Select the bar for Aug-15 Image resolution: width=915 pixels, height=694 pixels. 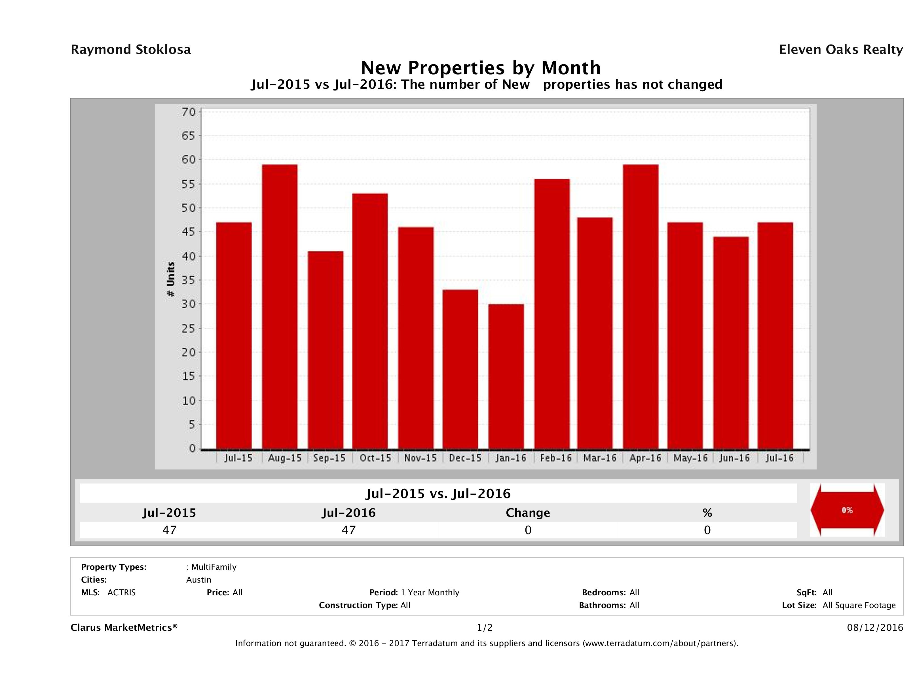[280, 306]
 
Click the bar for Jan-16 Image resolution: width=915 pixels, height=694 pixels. [506, 376]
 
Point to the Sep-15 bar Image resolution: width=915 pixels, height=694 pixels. [326, 350]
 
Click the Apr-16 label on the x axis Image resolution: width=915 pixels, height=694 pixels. [645, 458]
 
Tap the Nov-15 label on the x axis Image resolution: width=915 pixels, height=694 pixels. [420, 458]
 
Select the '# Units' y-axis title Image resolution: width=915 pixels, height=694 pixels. [170, 280]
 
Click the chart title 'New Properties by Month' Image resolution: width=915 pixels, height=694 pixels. [481, 68]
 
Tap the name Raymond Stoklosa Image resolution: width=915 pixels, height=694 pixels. [131, 50]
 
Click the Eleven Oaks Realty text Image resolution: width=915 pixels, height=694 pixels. [840, 50]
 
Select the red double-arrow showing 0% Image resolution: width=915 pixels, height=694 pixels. [847, 510]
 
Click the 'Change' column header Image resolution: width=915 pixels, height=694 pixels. [528, 513]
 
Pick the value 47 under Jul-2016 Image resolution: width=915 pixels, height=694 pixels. [349, 530]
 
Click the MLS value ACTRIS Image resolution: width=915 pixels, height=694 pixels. [122, 593]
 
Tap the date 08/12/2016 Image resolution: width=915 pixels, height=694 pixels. [875, 628]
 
